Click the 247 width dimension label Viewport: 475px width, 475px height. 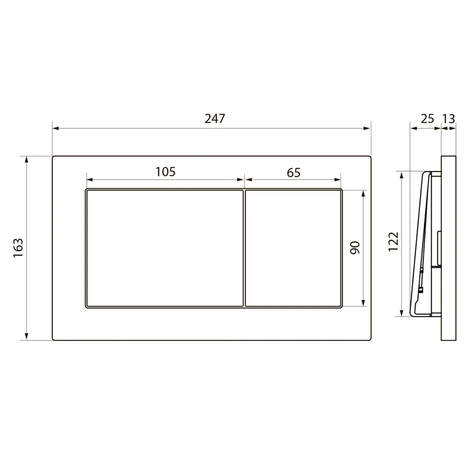point(215,118)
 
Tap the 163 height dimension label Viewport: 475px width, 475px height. point(18,248)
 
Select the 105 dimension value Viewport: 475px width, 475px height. point(165,172)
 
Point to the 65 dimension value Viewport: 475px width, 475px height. point(293,173)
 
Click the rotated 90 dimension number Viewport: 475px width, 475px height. point(355,248)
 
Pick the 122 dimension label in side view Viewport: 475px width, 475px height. point(393,242)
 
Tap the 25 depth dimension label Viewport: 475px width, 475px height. point(427,119)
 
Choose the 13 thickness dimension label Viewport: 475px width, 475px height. point(449,119)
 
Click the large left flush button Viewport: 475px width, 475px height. point(165,248)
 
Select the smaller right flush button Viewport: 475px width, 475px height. point(293,248)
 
